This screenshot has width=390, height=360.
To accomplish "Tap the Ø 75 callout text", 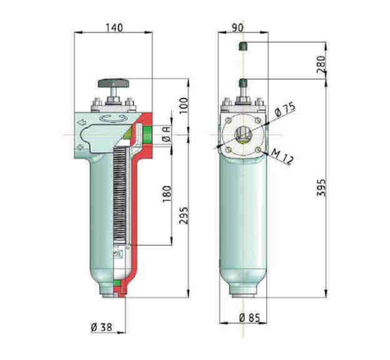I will tap(284, 110).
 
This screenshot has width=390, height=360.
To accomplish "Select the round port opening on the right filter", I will tap(242, 136).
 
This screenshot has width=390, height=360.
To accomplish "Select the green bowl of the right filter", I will tap(242, 220).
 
